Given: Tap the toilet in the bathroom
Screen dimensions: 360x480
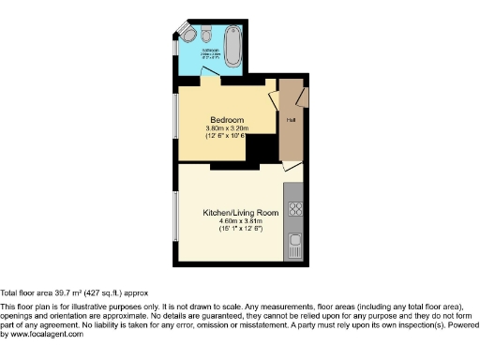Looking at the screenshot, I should tap(188, 37).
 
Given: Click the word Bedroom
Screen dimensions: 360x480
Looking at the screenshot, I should tap(227, 120).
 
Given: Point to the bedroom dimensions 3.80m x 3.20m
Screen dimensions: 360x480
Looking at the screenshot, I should tap(227, 128).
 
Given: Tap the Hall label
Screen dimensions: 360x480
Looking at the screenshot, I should tap(291, 120).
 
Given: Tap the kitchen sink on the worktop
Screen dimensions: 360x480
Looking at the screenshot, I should tap(295, 245).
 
